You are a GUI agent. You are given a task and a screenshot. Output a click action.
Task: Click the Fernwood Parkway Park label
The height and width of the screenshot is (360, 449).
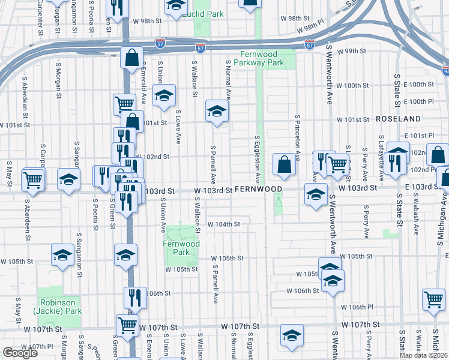tap(258, 58)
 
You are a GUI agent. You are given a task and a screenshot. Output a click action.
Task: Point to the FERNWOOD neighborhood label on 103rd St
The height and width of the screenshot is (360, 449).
tap(258, 189)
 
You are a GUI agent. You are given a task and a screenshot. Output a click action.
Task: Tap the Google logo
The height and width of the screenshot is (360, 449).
tap(20, 353)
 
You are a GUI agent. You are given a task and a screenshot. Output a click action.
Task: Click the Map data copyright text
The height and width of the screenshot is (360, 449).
tap(423, 355)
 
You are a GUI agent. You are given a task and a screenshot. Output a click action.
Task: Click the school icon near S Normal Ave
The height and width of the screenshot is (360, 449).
tap(217, 110)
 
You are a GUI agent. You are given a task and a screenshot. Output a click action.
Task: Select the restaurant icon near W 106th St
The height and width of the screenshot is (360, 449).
tap(135, 296)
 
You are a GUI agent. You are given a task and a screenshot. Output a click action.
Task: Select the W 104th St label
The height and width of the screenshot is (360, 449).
tap(223, 224)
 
